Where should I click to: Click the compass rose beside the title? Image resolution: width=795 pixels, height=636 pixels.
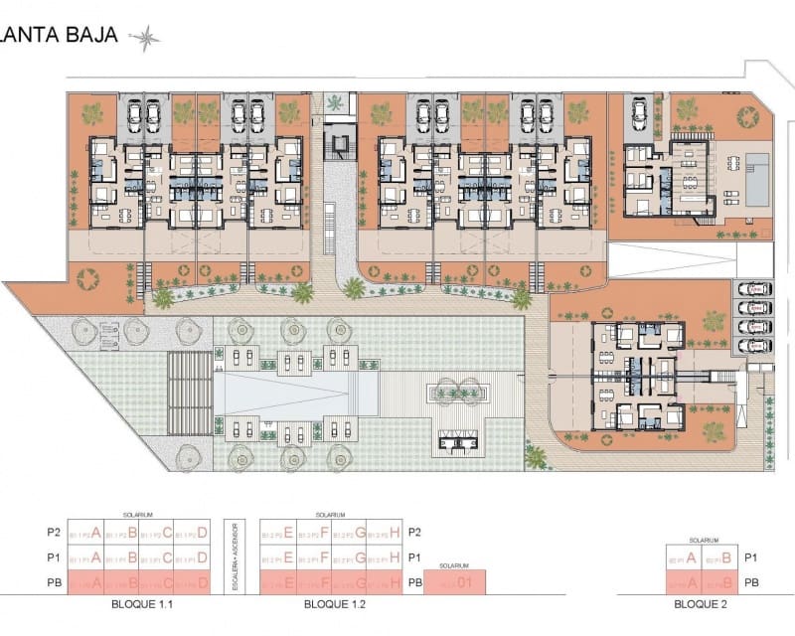pyautogui.click(x=145, y=38)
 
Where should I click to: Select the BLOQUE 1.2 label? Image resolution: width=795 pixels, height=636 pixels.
pyautogui.click(x=330, y=603)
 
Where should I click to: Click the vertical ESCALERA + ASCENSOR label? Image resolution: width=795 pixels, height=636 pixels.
pyautogui.click(x=235, y=556)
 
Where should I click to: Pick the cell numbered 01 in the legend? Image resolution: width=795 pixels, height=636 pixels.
pyautogui.click(x=463, y=583)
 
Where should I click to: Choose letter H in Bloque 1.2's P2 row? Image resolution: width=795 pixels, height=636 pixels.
pyautogui.click(x=395, y=532)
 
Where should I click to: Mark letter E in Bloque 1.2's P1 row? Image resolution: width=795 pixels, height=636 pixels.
pyautogui.click(x=287, y=557)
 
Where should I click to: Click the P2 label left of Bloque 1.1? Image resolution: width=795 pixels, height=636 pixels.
pyautogui.click(x=54, y=532)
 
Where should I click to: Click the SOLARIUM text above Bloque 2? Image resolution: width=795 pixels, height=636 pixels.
pyautogui.click(x=703, y=540)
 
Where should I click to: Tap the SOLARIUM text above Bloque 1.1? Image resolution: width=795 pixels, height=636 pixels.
pyautogui.click(x=137, y=515)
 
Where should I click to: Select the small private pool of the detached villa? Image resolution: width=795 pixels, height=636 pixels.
pyautogui.click(x=758, y=181)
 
